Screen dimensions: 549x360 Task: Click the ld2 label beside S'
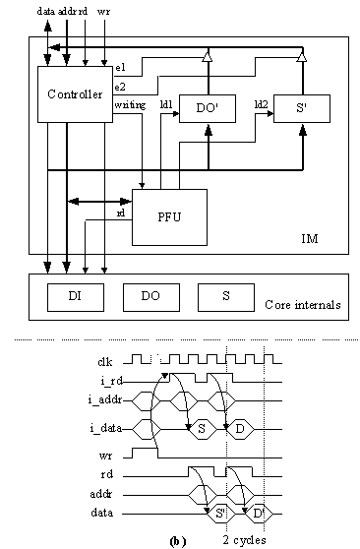(x=261, y=103)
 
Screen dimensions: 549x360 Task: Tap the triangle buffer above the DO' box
(x=206, y=60)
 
